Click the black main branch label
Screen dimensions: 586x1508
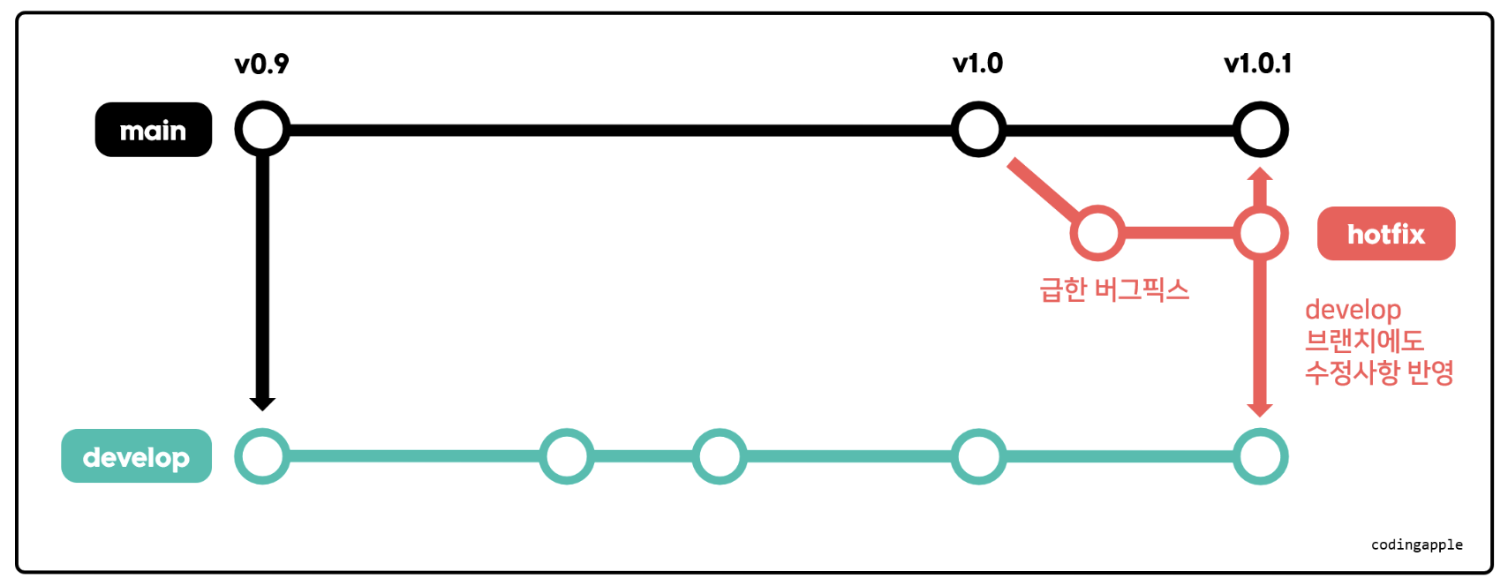coord(153,130)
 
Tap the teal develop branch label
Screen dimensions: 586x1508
coord(136,456)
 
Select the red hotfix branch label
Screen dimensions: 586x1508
coord(1385,234)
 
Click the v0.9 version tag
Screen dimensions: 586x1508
coord(261,64)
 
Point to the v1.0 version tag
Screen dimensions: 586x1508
coord(977,64)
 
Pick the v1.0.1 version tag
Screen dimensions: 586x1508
coord(1257,64)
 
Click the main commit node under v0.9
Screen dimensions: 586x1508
coord(262,130)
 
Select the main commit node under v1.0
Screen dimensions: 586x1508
coord(978,130)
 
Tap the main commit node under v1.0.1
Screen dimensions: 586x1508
coord(1260,130)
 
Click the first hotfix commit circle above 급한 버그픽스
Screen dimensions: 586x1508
coord(1097,233)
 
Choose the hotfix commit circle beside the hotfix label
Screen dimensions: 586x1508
coord(1260,233)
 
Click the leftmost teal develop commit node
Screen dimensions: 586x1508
coord(262,456)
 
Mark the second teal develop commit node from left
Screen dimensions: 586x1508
coord(567,456)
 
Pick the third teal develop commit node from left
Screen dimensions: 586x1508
coord(720,456)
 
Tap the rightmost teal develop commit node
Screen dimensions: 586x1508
coord(1260,456)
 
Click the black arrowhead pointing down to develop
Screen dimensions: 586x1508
coord(262,403)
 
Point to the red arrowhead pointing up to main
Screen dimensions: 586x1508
coord(1260,174)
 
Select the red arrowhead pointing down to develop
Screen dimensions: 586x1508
coord(1260,409)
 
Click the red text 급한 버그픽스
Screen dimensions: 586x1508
coord(1114,289)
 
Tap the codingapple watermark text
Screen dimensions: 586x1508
coord(1416,545)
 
